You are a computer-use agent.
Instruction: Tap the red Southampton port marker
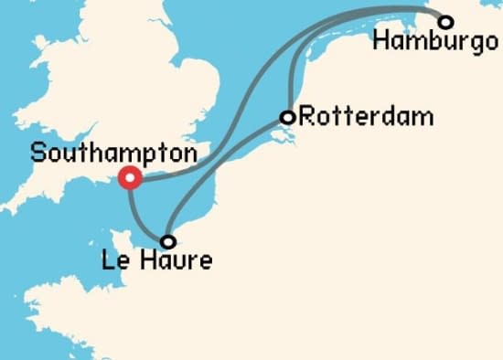(130, 178)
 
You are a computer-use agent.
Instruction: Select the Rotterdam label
(353, 117)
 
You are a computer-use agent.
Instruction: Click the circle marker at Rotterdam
(287, 117)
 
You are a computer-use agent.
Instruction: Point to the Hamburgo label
(429, 42)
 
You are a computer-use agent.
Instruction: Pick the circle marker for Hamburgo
(445, 21)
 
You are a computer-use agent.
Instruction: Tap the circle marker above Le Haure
(167, 242)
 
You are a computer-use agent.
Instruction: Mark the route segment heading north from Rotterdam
(290, 73)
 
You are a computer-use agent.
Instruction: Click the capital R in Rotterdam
(307, 117)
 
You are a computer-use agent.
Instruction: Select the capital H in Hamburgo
(381, 41)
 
